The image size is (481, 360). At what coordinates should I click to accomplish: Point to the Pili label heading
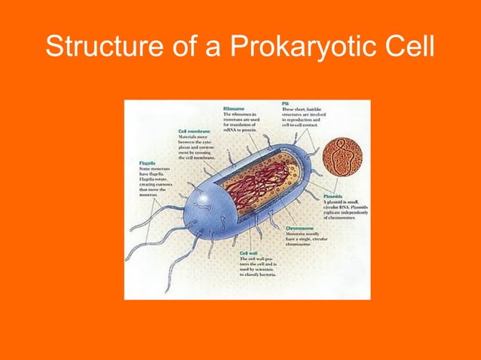(x=286, y=103)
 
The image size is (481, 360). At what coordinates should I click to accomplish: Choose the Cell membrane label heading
(x=195, y=130)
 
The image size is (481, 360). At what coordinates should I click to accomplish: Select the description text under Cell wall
(x=259, y=268)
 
